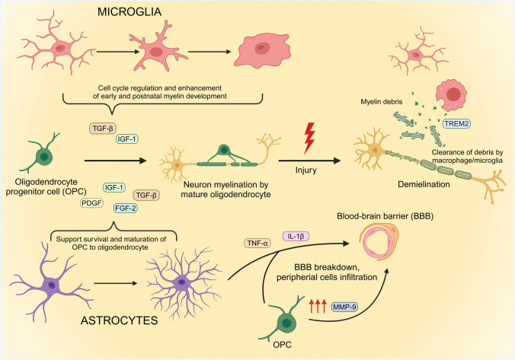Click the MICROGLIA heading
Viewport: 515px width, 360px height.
coord(149,14)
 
